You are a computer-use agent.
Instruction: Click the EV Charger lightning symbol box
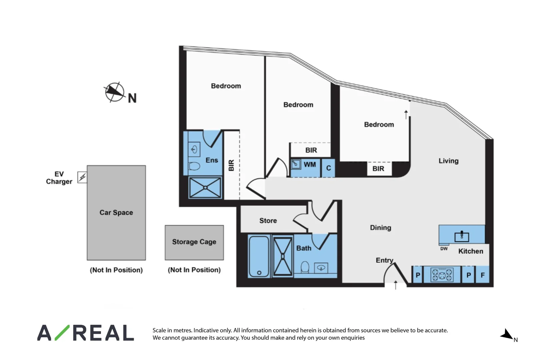tap(82, 177)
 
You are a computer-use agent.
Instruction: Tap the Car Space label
tap(116, 212)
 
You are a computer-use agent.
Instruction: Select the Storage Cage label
tap(194, 242)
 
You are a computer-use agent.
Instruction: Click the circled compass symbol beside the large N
tap(114, 92)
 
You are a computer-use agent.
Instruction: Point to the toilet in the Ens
tap(194, 166)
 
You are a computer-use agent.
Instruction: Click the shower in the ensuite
tap(205, 188)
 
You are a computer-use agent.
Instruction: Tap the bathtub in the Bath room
tap(259, 256)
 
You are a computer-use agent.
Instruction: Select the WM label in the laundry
tap(310, 164)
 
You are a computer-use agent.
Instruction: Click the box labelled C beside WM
tap(328, 168)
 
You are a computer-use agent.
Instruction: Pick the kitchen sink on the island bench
tap(462, 236)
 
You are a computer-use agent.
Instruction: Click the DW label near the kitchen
tap(444, 249)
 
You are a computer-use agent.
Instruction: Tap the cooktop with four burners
tap(442, 275)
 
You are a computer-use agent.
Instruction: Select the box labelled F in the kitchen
tap(483, 275)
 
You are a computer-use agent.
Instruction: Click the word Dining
tap(380, 228)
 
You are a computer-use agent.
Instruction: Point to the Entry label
tap(384, 260)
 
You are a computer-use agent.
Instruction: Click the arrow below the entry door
tap(396, 285)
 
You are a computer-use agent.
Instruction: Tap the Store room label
tap(268, 221)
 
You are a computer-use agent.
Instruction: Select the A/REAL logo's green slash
tap(62, 333)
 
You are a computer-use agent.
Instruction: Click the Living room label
tap(448, 161)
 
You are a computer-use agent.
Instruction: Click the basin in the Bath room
tap(321, 268)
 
